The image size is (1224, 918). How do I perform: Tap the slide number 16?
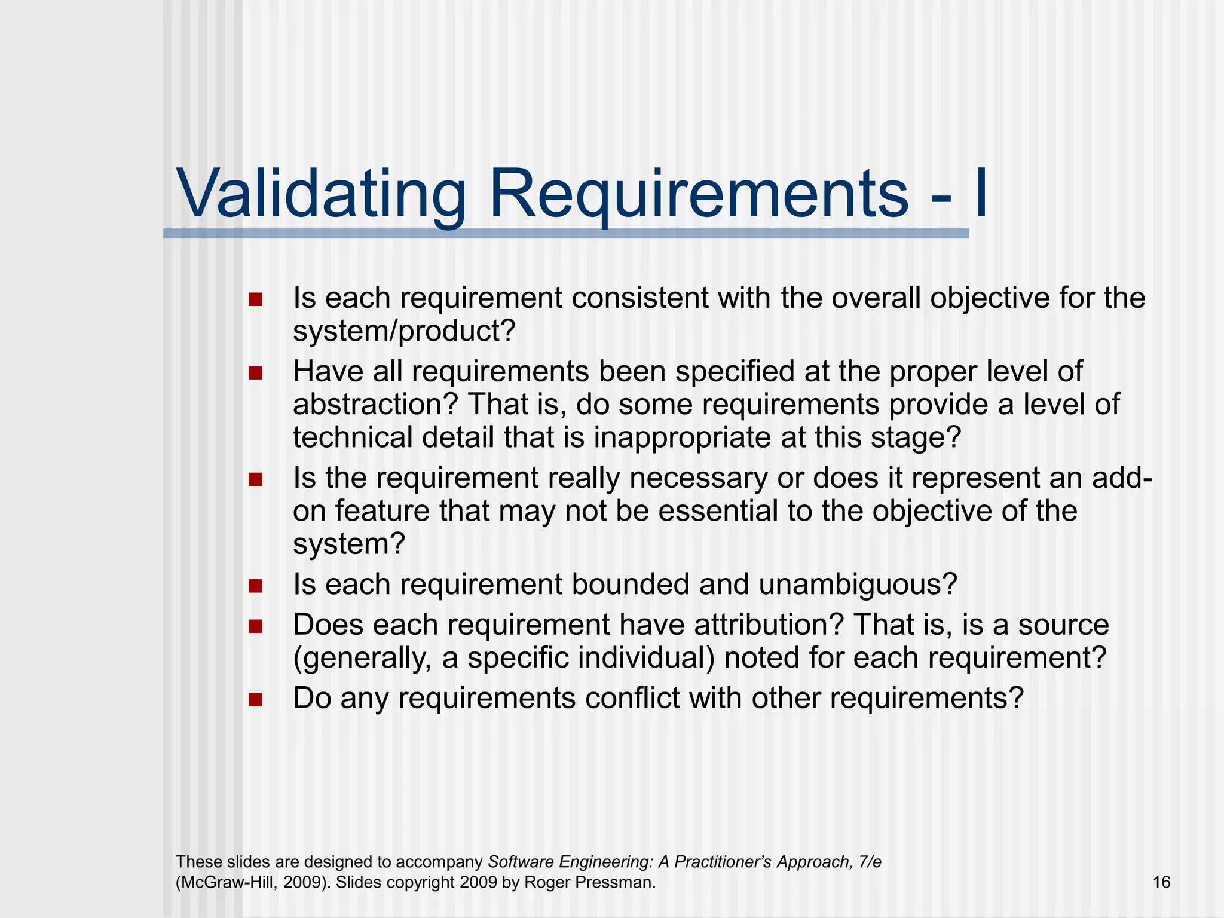(1161, 882)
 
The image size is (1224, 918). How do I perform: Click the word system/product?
(403, 331)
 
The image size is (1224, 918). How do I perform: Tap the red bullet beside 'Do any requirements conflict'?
(256, 699)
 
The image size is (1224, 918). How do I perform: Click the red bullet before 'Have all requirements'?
(256, 373)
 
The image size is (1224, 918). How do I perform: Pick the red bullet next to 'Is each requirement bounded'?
(256, 585)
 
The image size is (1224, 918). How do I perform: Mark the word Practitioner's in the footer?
(723, 862)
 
